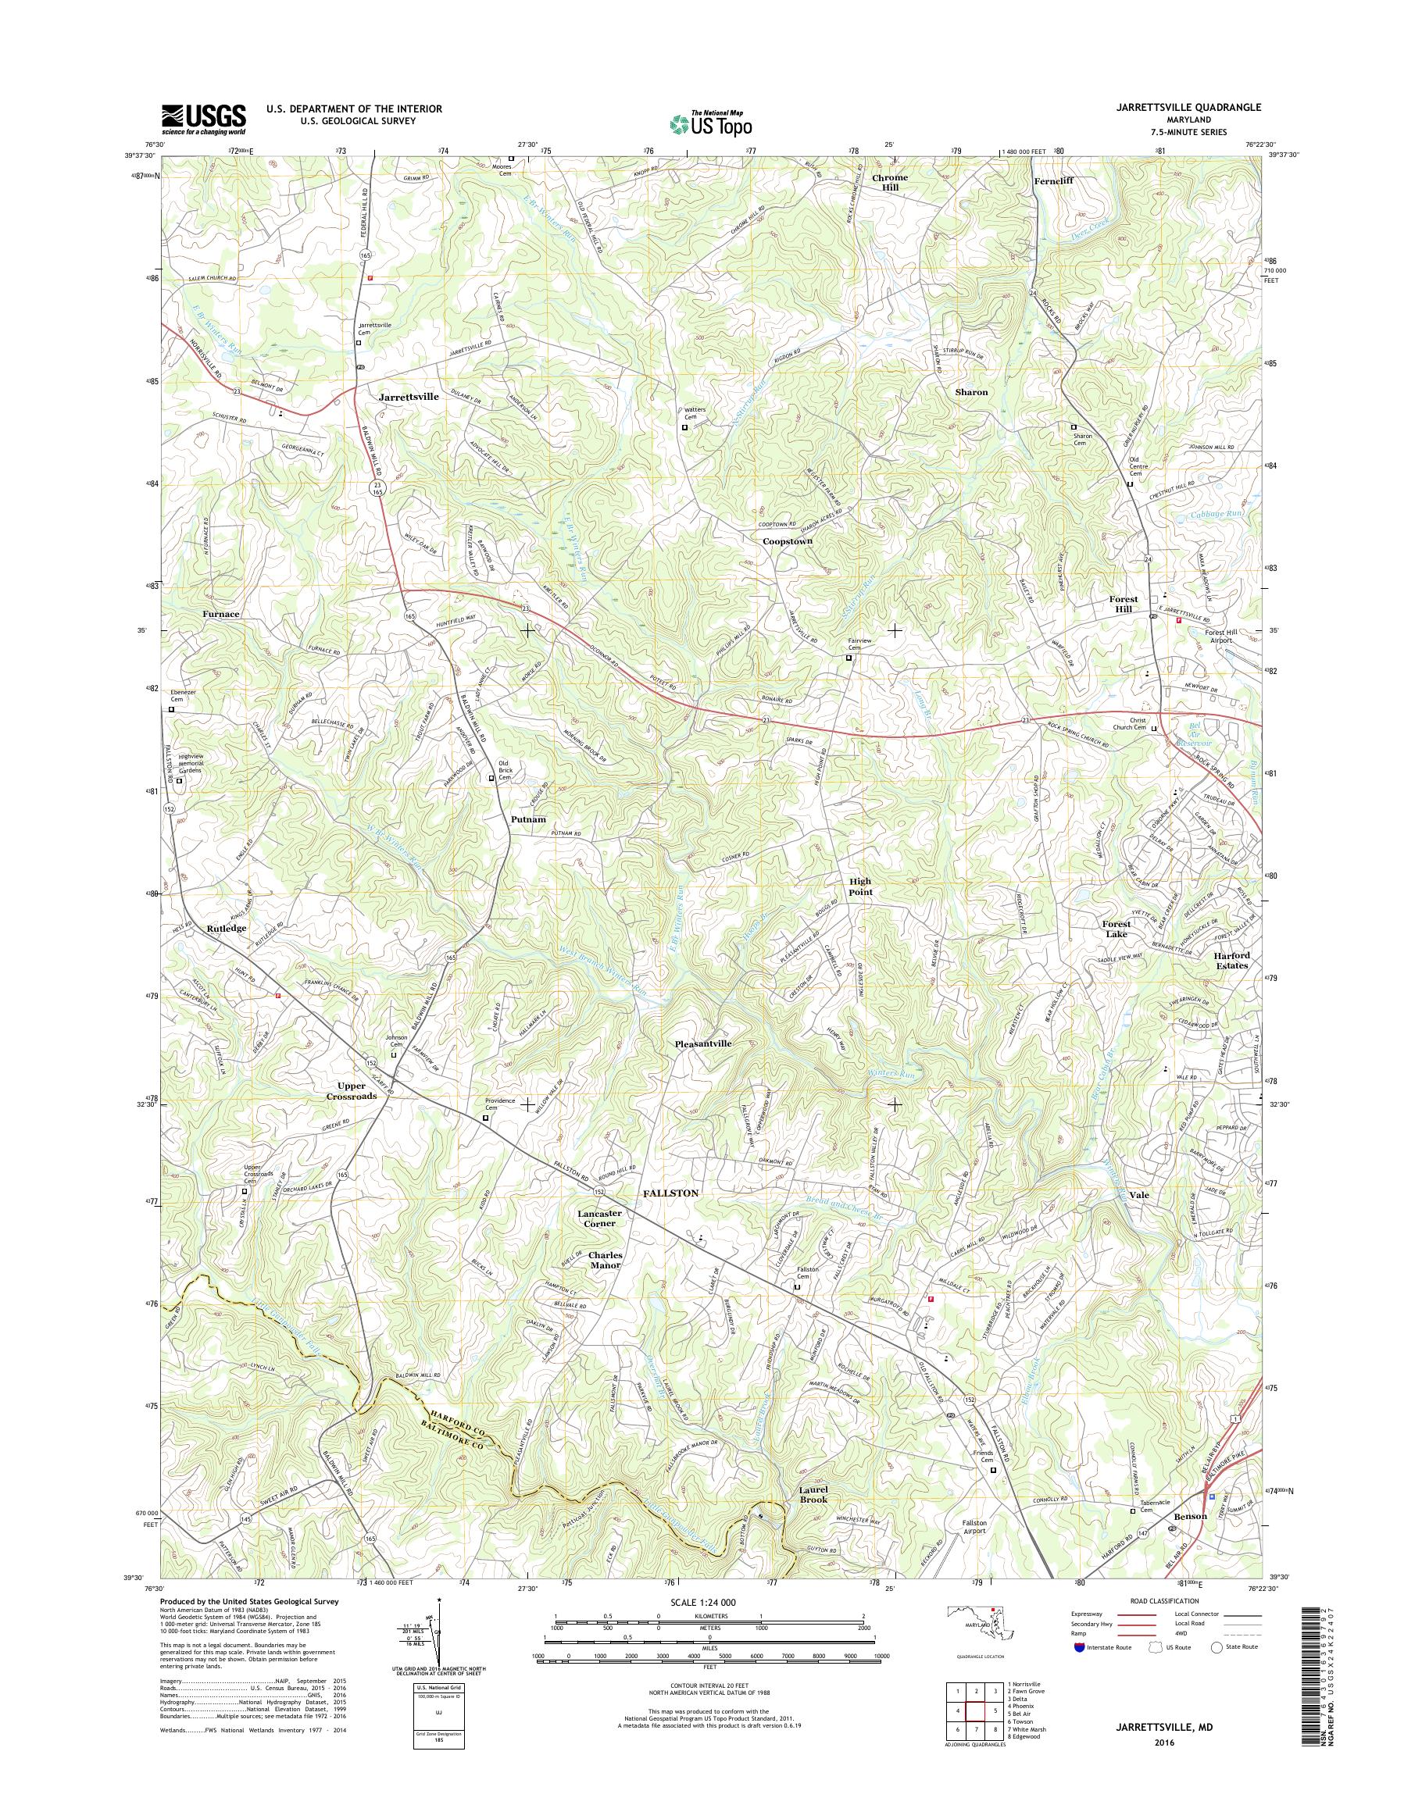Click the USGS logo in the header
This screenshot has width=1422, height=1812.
coord(204,118)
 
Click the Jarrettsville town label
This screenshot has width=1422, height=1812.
coord(408,397)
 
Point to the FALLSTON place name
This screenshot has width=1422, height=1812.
coord(670,1193)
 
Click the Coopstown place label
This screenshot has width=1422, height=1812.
coord(788,541)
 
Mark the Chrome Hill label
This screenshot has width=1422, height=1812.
coord(890,182)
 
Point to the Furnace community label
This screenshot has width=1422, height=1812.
coord(220,613)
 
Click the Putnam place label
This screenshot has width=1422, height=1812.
coord(529,819)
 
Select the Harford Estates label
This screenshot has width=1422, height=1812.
coord(1231,961)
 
